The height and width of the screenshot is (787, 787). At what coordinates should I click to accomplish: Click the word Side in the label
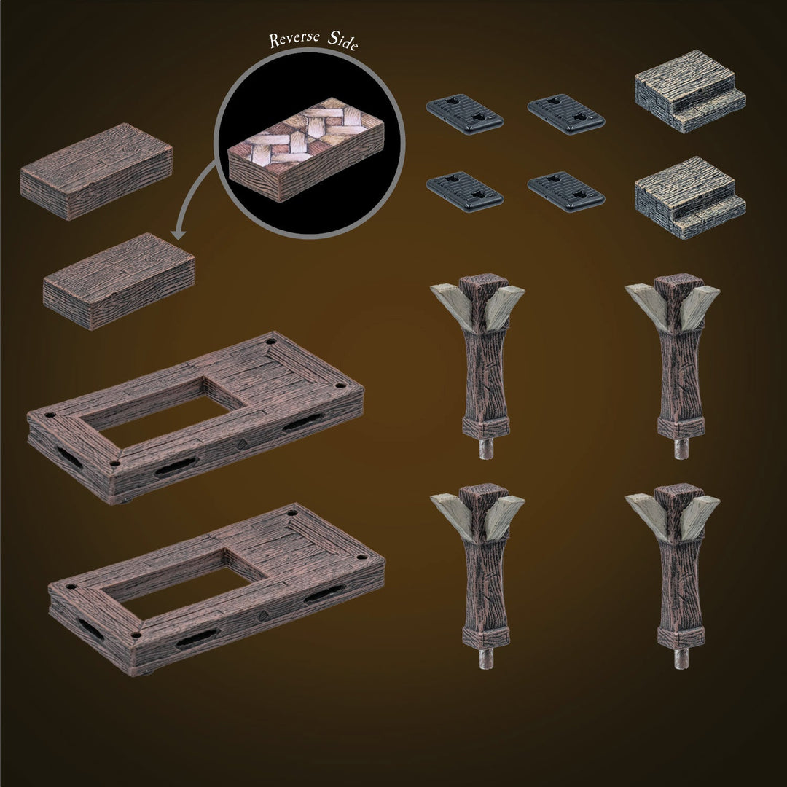tap(342, 41)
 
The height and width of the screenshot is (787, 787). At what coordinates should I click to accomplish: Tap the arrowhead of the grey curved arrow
tap(179, 234)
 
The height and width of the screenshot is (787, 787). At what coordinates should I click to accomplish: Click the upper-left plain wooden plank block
tap(96, 171)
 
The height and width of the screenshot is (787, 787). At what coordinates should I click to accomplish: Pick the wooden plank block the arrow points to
tap(119, 281)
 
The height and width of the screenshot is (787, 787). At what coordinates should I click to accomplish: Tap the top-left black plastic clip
tap(465, 114)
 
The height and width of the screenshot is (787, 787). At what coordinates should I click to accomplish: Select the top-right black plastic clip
tap(566, 114)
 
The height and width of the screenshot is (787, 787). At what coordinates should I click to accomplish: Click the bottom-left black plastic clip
tap(465, 192)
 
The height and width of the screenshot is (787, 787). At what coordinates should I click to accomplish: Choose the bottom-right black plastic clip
tap(566, 192)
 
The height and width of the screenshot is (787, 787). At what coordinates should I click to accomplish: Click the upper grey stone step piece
tap(689, 91)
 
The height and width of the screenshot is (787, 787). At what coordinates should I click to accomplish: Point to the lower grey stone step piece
tap(689, 197)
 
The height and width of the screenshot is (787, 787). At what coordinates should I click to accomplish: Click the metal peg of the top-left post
tap(486, 447)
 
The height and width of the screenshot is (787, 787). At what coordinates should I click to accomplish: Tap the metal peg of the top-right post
tap(681, 447)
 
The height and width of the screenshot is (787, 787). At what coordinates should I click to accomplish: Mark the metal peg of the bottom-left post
tap(486, 657)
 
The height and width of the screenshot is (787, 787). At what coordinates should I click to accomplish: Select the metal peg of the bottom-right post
tap(681, 657)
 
